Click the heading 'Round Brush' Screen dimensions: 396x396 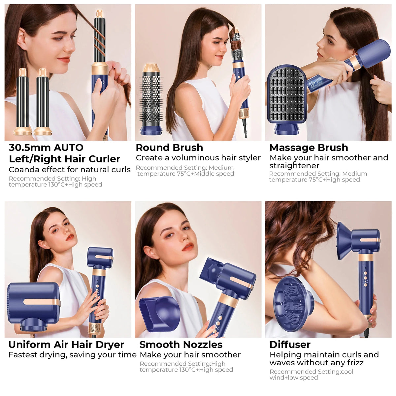169,148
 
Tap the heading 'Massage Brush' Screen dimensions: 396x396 309,148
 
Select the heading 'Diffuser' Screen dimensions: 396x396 290,345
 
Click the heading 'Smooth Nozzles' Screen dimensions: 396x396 181,345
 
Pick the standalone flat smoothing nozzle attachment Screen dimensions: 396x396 159,313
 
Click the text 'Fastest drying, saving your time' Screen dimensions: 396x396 72,355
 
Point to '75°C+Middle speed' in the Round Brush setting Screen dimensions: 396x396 205,174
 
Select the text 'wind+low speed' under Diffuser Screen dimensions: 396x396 294,378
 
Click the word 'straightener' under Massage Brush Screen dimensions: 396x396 294,166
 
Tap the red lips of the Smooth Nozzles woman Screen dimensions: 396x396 187,247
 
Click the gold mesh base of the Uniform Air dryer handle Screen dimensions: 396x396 94,329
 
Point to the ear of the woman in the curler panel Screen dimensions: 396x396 22,40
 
